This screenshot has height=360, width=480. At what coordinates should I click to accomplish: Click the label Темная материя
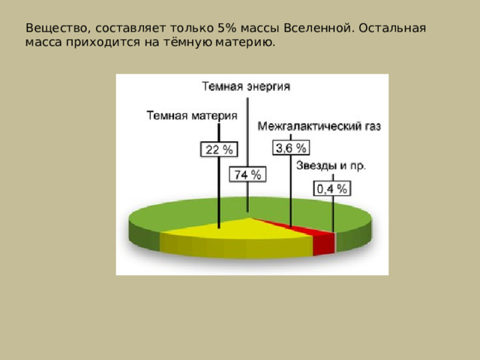click(191, 115)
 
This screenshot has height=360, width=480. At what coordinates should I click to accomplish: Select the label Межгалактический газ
click(319, 127)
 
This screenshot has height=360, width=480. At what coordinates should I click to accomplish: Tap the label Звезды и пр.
click(331, 165)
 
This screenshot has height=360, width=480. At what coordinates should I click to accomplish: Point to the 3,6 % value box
click(291, 148)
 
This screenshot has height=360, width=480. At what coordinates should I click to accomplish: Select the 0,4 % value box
click(331, 189)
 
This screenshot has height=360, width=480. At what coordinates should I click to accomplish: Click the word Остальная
click(392, 28)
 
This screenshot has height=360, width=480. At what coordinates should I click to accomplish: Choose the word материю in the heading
click(245, 43)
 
